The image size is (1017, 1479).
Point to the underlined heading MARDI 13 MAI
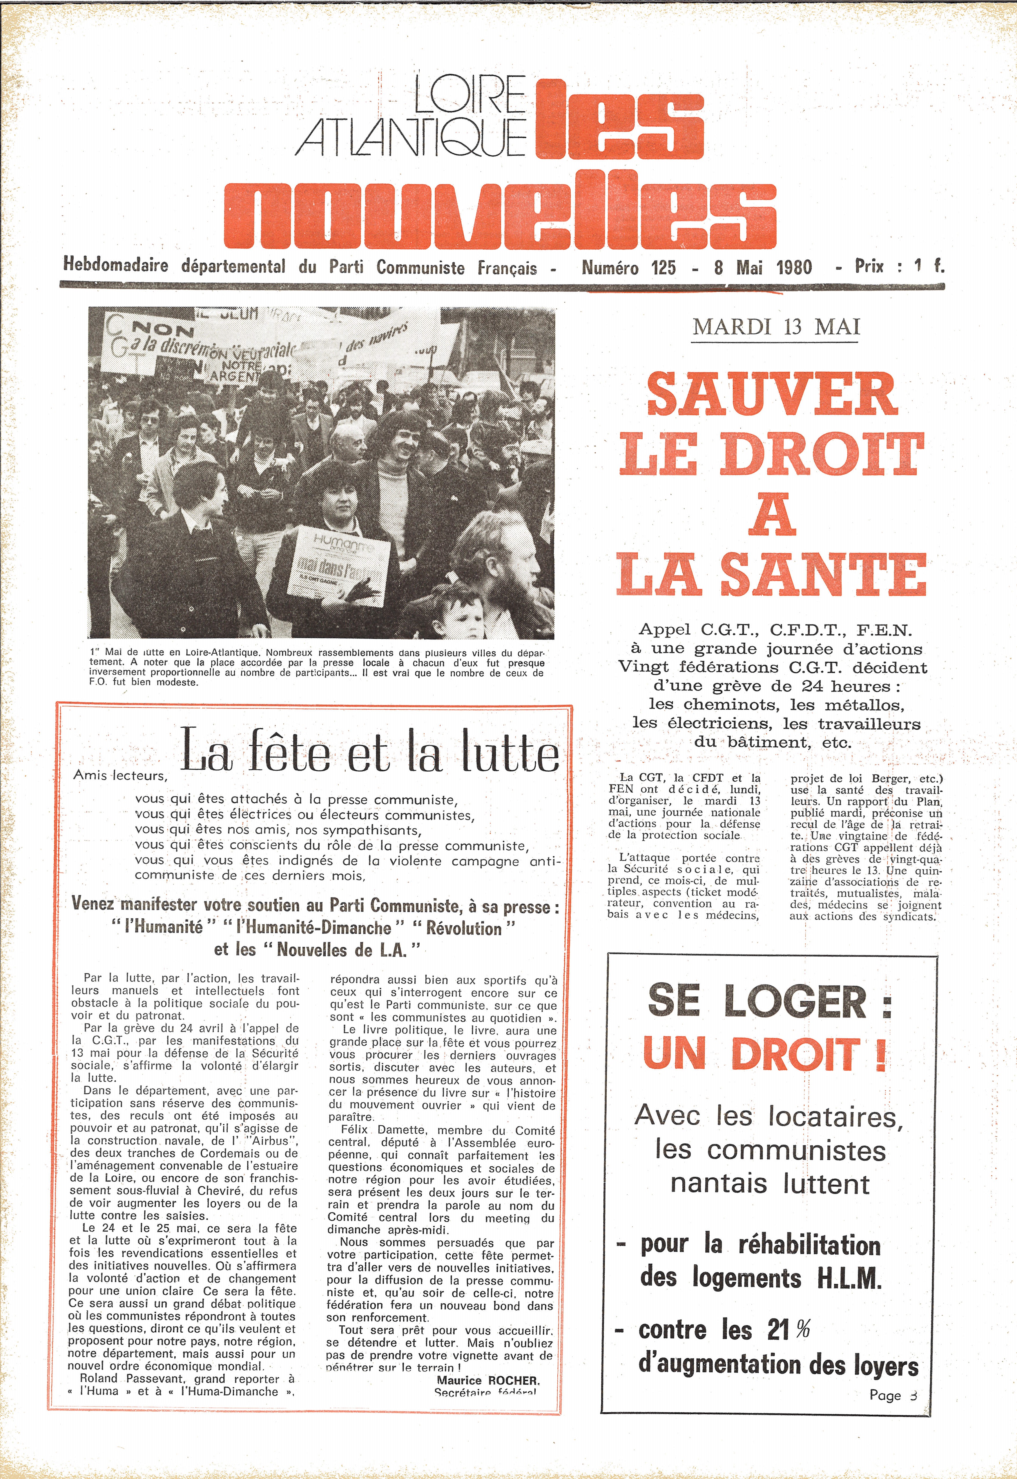776,327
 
